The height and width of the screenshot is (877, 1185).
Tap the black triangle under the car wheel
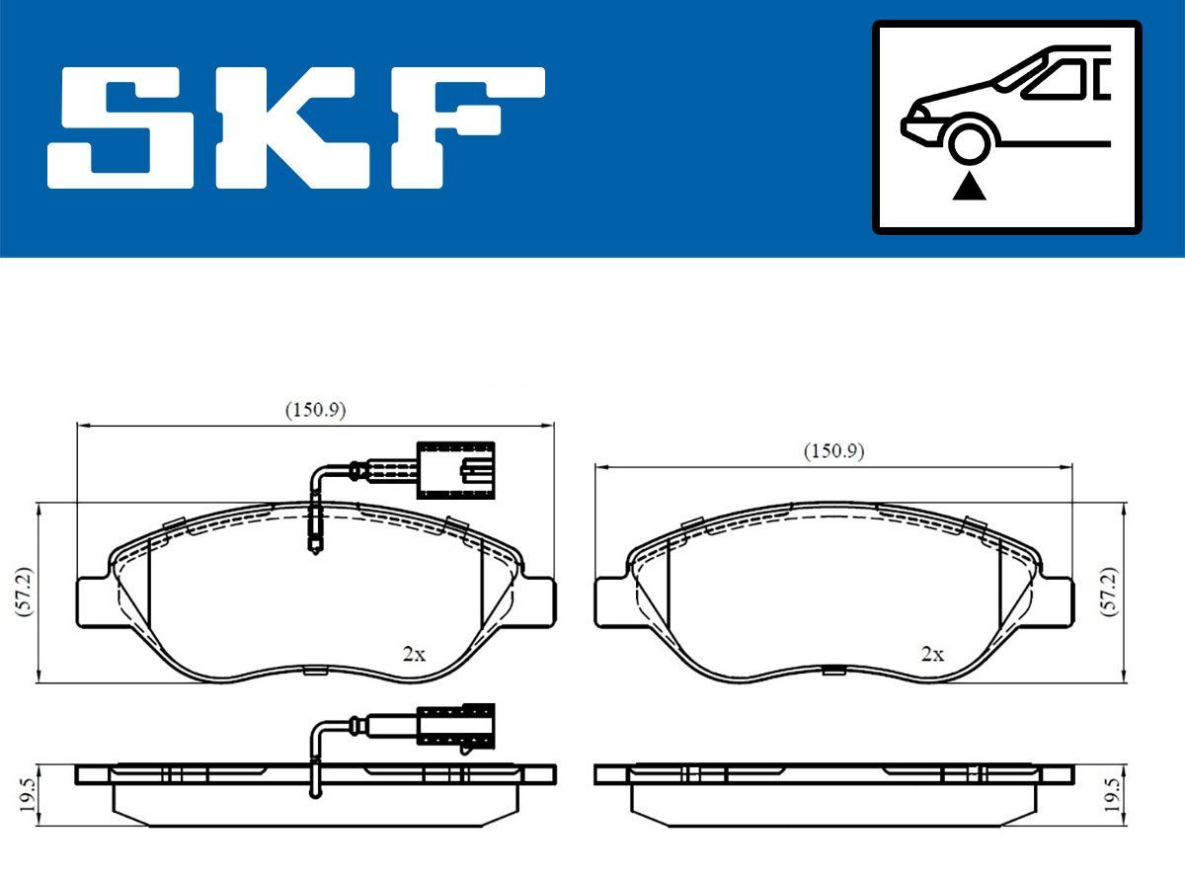pyautogui.click(x=970, y=185)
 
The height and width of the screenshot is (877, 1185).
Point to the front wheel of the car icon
pyautogui.click(x=970, y=141)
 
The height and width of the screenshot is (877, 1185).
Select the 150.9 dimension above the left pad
pyautogui.click(x=315, y=410)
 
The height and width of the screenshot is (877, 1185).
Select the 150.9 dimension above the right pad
pyautogui.click(x=833, y=451)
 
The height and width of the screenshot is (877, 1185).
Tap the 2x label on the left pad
pyautogui.click(x=414, y=653)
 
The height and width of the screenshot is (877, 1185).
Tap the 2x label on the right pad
pyautogui.click(x=932, y=653)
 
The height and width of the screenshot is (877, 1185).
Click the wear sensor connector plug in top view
pyautogui.click(x=455, y=469)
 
